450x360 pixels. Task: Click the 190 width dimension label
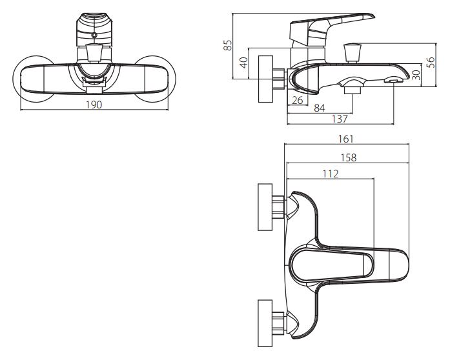coord(94,105)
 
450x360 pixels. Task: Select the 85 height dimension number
coord(227,45)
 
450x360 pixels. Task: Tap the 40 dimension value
coord(243,63)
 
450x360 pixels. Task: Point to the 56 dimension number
coord(431,62)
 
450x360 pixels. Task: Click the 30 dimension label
coord(416,74)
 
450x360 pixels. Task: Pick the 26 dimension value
coord(297,100)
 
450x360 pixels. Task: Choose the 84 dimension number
coord(319,108)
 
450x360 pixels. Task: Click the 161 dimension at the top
coord(346,139)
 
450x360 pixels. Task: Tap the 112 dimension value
coord(330,173)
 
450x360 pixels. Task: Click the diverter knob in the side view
coord(353,51)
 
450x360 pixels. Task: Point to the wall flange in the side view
coord(265,79)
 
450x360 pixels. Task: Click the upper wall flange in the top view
coord(265,207)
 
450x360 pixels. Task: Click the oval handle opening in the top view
coord(333,265)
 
